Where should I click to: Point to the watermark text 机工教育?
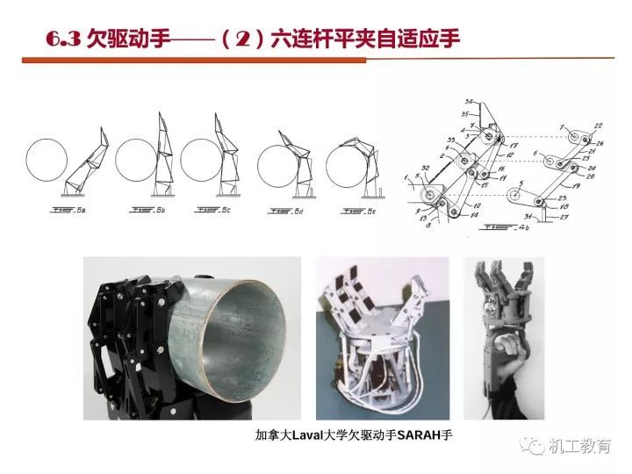pos(580,448)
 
